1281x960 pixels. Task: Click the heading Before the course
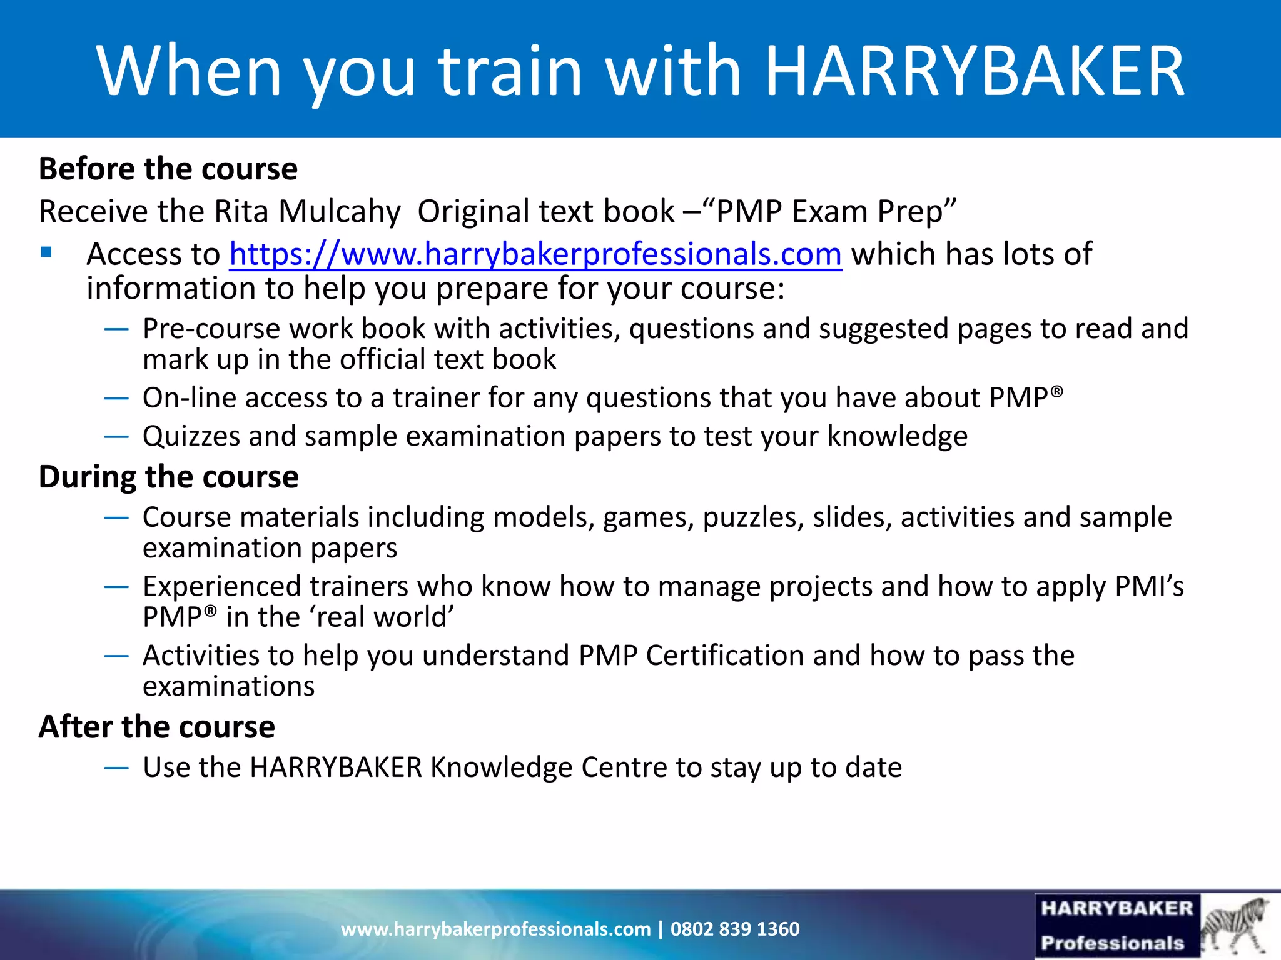pyautogui.click(x=168, y=169)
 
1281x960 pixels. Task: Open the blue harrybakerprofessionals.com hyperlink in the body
pyautogui.click(x=535, y=254)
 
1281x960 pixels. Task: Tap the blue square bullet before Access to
pyautogui.click(x=46, y=253)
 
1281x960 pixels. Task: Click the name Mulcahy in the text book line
pyautogui.click(x=339, y=212)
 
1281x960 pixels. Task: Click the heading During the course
pyautogui.click(x=169, y=477)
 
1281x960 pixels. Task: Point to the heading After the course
pyautogui.click(x=157, y=727)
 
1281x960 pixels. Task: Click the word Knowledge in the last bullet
pyautogui.click(x=501, y=767)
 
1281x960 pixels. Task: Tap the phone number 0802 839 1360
pyautogui.click(x=735, y=929)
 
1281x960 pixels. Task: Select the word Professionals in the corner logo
pyautogui.click(x=1113, y=942)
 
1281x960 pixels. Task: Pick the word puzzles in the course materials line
pyautogui.click(x=753, y=518)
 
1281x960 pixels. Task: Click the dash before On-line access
pyautogui.click(x=116, y=398)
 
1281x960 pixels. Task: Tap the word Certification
pyautogui.click(x=725, y=656)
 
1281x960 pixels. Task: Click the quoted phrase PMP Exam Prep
pyautogui.click(x=836, y=212)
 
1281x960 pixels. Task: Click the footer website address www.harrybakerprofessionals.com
pyautogui.click(x=495, y=929)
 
